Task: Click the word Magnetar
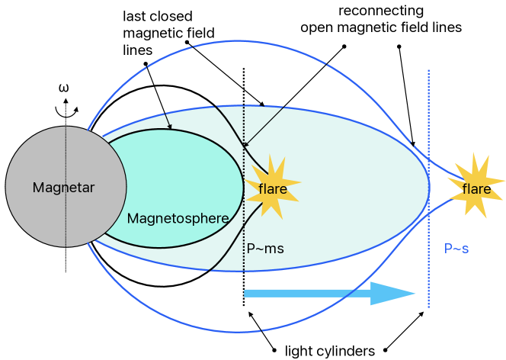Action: (63, 188)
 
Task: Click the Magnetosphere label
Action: (178, 219)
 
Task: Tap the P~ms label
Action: (265, 249)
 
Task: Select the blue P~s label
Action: (456, 249)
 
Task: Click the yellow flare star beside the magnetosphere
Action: (272, 188)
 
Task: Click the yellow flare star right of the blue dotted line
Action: (476, 188)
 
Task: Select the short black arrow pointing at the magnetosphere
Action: (167, 121)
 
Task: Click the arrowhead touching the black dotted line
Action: (246, 143)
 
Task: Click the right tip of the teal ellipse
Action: (430, 188)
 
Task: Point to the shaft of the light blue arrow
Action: (305, 294)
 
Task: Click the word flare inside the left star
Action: (272, 189)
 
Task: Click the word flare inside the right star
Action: (476, 189)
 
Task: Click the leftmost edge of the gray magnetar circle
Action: (6, 187)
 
